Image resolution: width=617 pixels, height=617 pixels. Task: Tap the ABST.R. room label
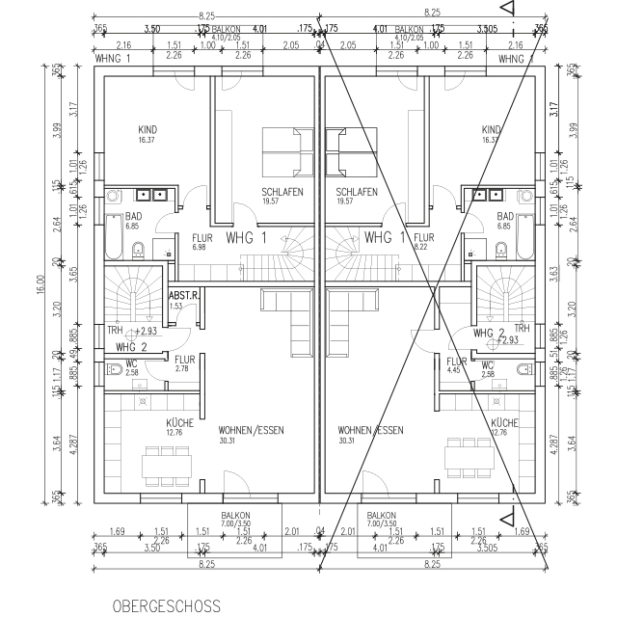click(x=182, y=296)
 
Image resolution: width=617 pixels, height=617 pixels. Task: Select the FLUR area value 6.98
click(x=201, y=248)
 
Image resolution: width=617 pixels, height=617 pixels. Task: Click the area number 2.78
click(x=181, y=369)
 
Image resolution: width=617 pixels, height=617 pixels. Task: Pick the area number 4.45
click(x=452, y=369)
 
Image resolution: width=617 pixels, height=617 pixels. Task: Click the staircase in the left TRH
click(x=133, y=293)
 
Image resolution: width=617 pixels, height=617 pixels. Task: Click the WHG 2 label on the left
click(x=131, y=346)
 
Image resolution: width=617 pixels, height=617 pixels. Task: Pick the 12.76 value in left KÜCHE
click(x=174, y=432)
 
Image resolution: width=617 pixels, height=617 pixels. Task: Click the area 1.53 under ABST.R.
click(x=175, y=306)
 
